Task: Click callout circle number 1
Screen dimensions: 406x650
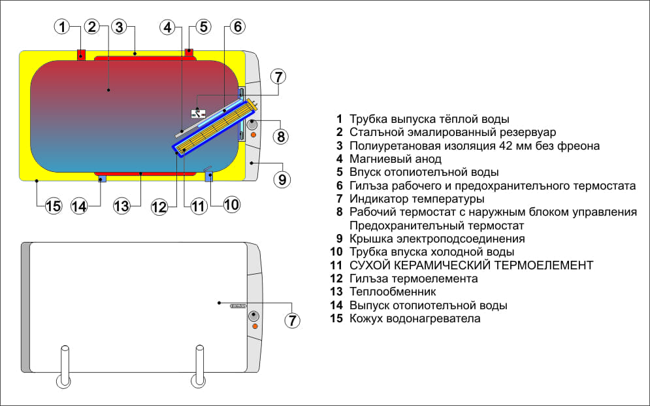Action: click(62, 27)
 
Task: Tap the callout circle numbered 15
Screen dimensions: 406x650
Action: click(53, 206)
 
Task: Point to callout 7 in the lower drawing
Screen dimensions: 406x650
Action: click(293, 320)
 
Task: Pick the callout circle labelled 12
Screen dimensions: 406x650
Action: click(159, 207)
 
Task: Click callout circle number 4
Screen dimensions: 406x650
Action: click(168, 27)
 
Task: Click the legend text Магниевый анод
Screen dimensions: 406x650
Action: click(395, 159)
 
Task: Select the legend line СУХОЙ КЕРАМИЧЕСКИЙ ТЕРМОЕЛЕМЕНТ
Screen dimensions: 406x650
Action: click(471, 265)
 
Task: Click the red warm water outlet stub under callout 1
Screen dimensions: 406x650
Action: click(81, 55)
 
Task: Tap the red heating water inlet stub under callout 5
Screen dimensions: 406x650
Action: click(189, 52)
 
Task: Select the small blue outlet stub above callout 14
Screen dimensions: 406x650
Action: click(101, 179)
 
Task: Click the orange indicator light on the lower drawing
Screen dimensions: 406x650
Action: click(254, 326)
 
